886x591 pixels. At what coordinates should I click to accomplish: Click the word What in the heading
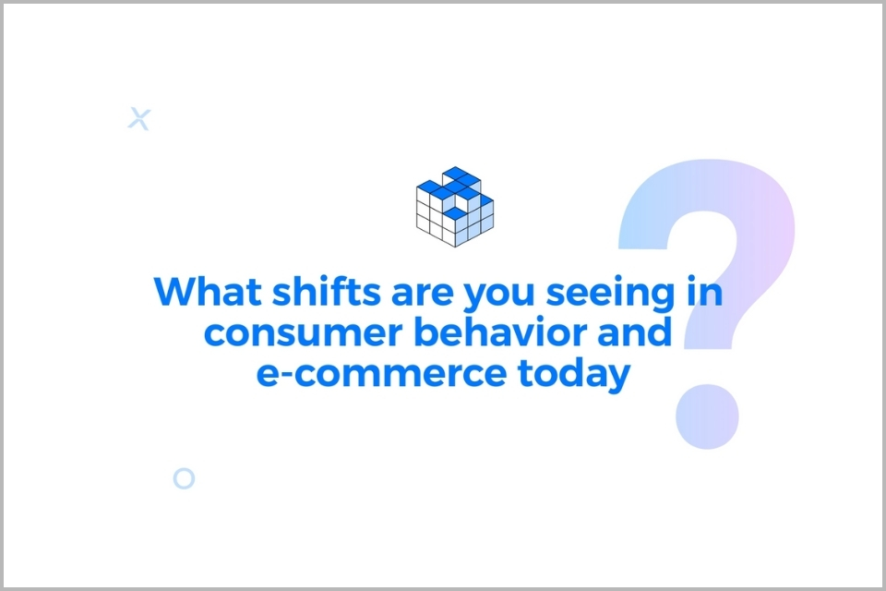point(208,291)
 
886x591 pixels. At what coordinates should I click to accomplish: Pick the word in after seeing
point(704,291)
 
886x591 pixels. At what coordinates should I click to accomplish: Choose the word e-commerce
point(381,373)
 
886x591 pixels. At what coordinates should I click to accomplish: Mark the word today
point(573,374)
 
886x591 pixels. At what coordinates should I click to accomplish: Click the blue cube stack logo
point(455,207)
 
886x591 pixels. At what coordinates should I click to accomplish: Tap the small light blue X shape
point(139,119)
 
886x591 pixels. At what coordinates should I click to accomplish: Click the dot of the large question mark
point(707,416)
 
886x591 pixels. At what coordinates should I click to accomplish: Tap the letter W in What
point(176,292)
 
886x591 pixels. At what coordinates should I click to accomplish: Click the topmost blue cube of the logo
point(456,173)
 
